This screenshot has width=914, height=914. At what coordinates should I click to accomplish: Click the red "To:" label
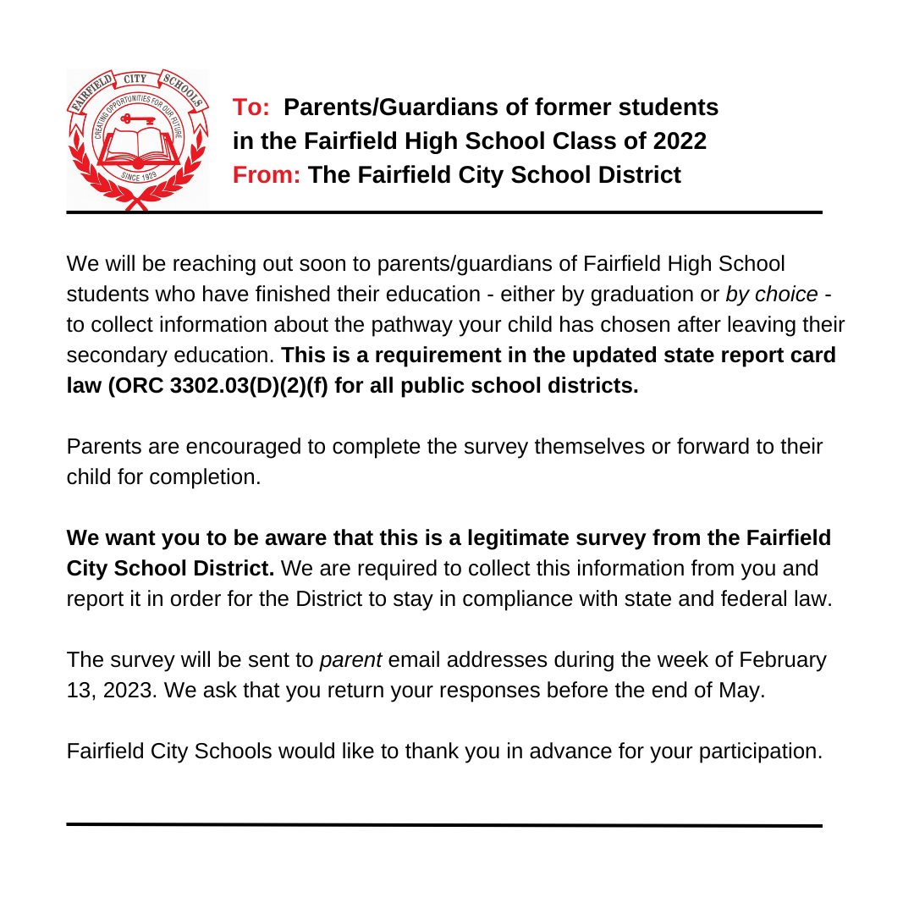[x=251, y=107]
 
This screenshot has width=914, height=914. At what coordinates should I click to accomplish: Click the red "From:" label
[x=267, y=175]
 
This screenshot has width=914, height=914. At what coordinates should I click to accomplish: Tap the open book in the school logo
[x=138, y=143]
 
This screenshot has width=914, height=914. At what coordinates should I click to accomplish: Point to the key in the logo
[x=139, y=119]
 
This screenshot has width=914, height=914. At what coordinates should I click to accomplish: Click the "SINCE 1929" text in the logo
[x=139, y=177]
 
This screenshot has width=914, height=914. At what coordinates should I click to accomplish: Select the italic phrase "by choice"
[x=771, y=295]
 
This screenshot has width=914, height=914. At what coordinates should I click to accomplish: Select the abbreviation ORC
[x=140, y=386]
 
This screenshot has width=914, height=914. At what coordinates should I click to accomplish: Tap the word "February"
[x=783, y=660]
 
